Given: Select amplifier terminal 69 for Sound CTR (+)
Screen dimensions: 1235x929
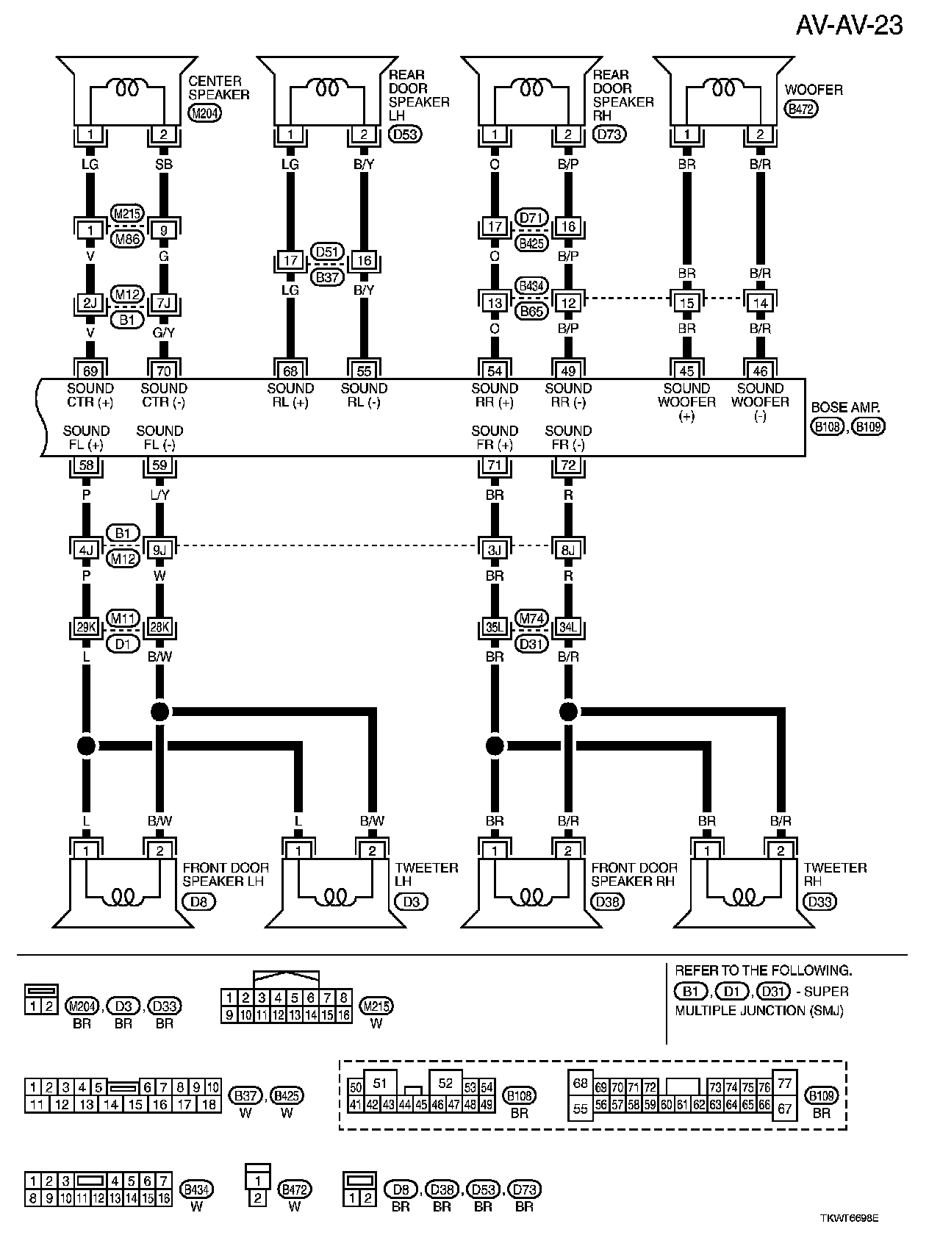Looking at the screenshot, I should [90, 370].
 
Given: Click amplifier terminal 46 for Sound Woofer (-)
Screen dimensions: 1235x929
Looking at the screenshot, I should [760, 370].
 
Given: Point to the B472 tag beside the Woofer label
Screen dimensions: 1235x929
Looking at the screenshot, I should [802, 109].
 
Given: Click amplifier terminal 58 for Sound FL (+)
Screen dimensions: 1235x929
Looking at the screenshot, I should [86, 465].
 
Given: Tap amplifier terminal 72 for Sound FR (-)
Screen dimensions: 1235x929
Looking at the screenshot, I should [568, 465].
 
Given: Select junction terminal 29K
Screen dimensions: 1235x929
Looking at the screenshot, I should [86, 628].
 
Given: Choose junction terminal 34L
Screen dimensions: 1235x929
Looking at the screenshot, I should [568, 628].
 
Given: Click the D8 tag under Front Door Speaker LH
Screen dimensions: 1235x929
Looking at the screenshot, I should [198, 901].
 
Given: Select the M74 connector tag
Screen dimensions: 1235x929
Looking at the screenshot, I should [531, 618].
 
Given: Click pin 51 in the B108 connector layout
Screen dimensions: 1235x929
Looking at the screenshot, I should [379, 1083].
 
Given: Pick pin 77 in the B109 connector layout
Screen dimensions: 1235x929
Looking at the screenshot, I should [784, 1083].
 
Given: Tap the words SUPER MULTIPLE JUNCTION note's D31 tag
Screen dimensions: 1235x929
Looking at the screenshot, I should [772, 991].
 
